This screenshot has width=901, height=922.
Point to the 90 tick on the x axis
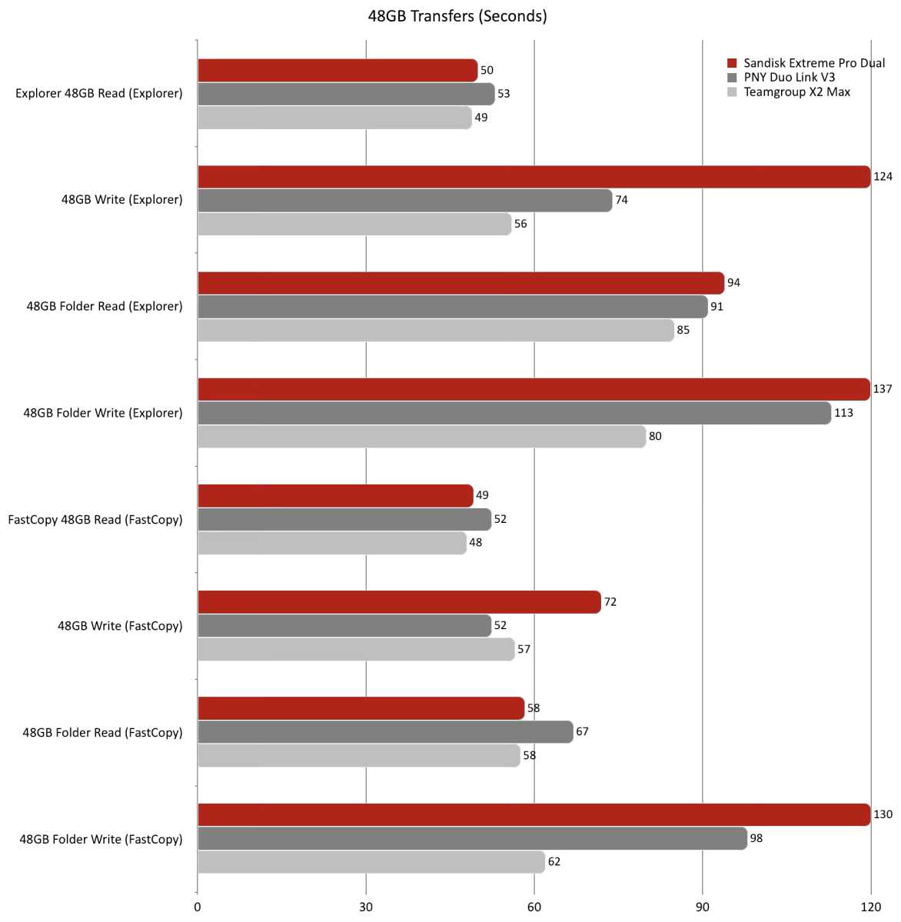(x=702, y=907)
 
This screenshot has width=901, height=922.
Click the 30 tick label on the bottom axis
(x=366, y=907)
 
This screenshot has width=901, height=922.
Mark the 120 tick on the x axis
(x=870, y=907)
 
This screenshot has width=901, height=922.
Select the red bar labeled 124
(x=534, y=177)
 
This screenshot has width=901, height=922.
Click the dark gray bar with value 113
(x=514, y=413)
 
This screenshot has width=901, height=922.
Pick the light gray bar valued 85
(x=435, y=331)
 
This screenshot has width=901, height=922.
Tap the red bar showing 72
(x=399, y=602)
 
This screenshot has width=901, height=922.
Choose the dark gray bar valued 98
(x=472, y=838)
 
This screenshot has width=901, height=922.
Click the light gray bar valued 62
(x=371, y=862)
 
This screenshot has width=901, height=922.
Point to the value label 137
(x=883, y=389)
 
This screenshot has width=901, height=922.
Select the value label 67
(x=582, y=731)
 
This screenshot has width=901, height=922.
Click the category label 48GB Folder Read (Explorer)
(x=105, y=306)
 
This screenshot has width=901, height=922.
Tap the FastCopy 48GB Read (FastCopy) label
(x=95, y=519)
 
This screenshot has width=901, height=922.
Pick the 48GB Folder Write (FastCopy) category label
(x=101, y=839)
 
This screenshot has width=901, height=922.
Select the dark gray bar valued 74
(x=404, y=201)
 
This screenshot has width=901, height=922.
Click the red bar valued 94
(x=460, y=283)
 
